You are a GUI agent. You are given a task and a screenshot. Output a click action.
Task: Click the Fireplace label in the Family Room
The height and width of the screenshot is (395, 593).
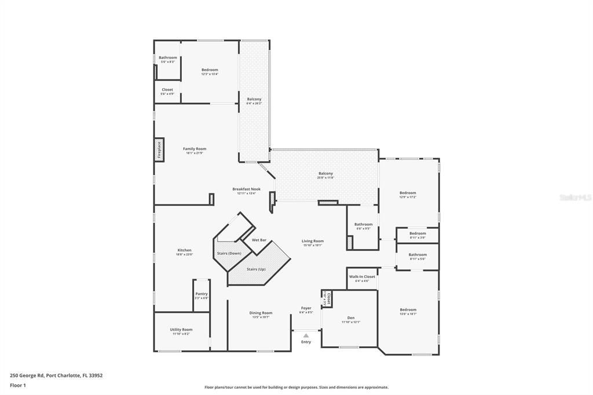pyautogui.click(x=159, y=149)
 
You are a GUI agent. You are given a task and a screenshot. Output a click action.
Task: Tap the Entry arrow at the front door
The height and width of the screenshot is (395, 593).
pyautogui.click(x=306, y=335)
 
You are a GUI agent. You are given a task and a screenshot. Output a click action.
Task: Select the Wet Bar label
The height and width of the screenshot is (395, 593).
pyautogui.click(x=259, y=240)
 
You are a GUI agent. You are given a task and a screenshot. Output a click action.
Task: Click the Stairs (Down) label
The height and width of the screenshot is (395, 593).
pyautogui.click(x=229, y=254)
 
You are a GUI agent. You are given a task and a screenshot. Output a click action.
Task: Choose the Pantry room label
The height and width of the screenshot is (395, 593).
pyautogui.click(x=201, y=294)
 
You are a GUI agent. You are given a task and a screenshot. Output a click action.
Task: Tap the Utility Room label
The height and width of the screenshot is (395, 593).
pyautogui.click(x=181, y=330)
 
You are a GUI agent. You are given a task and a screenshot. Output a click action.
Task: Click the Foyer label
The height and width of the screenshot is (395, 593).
pyautogui.click(x=306, y=308)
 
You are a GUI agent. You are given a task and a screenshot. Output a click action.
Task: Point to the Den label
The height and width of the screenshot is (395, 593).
pyautogui.click(x=350, y=317)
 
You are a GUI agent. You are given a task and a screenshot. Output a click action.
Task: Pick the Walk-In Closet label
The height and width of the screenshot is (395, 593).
pyautogui.click(x=362, y=277)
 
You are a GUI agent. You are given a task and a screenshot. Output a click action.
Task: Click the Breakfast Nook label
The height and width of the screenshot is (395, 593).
pyautogui.click(x=246, y=189)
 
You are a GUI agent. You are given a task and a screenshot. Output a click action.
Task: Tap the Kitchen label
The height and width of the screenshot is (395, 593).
pyautogui.click(x=184, y=250)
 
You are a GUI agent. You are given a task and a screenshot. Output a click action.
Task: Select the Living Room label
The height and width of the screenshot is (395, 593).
pyautogui.click(x=313, y=241)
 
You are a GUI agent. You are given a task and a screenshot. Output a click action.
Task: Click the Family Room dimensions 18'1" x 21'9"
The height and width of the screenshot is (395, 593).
pyautogui.click(x=195, y=153)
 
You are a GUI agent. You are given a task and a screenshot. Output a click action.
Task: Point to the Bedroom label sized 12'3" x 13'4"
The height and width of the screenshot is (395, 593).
pyautogui.click(x=210, y=70)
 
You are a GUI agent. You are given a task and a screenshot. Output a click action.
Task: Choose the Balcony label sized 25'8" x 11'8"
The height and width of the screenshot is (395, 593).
pyautogui.click(x=325, y=173)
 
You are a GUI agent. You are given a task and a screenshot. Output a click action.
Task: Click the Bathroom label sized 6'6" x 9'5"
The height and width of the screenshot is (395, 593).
pyautogui.click(x=363, y=224)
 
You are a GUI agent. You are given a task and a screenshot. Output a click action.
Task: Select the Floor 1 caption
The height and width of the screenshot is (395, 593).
pyautogui.click(x=18, y=385)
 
